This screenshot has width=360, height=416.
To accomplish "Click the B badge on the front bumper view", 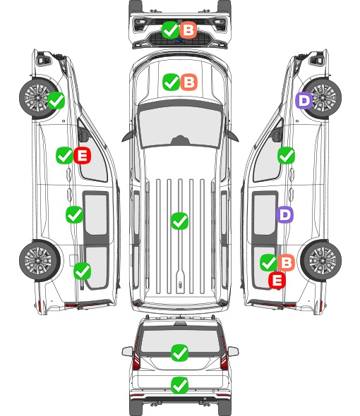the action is (188, 30).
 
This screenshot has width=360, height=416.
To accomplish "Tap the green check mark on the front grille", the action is (171, 30).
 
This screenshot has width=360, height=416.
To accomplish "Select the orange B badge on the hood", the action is (189, 82).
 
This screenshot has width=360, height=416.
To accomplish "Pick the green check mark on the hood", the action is (172, 82).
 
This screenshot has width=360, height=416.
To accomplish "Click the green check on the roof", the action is (180, 221).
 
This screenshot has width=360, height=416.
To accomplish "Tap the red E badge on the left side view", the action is (83, 155).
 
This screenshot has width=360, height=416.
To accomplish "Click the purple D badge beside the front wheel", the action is (304, 101).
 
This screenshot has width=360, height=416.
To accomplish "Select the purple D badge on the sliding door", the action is (284, 214).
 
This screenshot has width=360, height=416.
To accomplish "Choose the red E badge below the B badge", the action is (277, 280).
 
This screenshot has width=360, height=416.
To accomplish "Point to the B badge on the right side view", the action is (286, 263).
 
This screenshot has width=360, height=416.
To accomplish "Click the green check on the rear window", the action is (180, 353).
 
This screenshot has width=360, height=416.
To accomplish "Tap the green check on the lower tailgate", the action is (180, 385).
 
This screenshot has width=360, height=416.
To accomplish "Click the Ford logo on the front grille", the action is (180, 41).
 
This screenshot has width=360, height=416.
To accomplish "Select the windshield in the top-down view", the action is (180, 125).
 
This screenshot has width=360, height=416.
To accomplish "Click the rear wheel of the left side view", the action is (39, 260).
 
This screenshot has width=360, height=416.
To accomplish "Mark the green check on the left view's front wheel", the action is (56, 101).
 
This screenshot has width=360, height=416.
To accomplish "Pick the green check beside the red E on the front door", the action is (64, 155).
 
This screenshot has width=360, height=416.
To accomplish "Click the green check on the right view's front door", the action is (286, 155).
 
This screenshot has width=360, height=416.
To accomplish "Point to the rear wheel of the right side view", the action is (321, 260).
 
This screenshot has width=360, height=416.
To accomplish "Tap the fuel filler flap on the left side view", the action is (73, 260).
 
